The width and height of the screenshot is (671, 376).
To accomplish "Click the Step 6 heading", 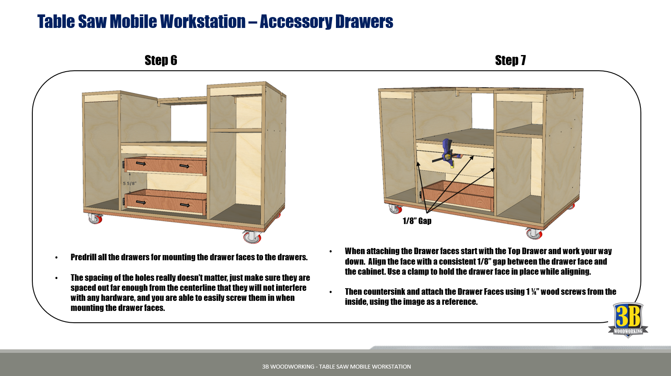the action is coord(161,60).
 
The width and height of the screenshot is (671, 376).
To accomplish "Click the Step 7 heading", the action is coord(510,60).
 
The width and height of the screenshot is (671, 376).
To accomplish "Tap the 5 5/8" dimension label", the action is coord(130,183).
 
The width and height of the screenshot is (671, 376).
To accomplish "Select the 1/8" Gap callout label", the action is coord(417,221).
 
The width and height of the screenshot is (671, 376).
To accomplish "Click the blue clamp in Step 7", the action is coord(447,153).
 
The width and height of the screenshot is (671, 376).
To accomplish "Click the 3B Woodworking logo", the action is coord(628,320).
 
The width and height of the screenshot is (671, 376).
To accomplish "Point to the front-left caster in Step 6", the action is coord(95,218).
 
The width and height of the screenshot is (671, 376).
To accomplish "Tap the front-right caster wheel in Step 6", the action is coord(252,237).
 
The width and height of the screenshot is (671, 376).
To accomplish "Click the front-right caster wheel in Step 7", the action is coord(534,234).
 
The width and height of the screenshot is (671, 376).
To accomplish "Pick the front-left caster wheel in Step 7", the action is coord(395,209).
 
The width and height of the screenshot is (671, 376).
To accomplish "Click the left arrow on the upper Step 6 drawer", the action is coord(141,163).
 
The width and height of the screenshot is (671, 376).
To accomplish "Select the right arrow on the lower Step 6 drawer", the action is coord(184,205).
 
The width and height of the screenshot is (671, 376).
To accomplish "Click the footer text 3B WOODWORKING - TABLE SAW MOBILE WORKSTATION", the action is coord(336,366).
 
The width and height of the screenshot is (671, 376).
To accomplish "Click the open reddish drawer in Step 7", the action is coord(457,196).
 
